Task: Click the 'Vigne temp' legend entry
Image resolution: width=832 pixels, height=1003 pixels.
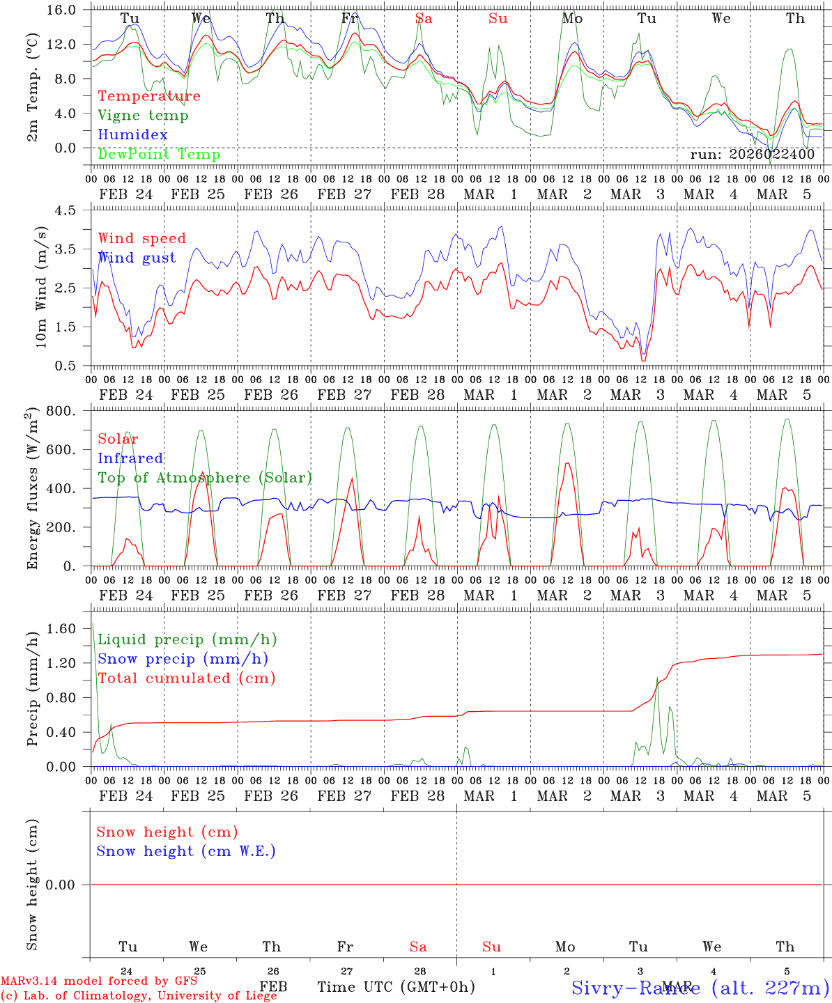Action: tap(143, 116)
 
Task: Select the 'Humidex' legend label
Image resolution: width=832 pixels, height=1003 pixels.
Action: tap(132, 135)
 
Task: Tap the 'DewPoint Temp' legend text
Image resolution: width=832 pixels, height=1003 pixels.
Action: tap(159, 155)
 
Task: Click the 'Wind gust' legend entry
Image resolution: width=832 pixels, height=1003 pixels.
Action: tap(137, 258)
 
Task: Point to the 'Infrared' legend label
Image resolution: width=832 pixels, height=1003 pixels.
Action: tap(130, 458)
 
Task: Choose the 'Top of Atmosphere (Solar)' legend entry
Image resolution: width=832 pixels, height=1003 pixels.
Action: tap(205, 478)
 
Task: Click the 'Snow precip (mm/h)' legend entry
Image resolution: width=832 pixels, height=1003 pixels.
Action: tap(183, 659)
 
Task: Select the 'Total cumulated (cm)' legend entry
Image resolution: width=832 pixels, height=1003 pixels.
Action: tap(187, 678)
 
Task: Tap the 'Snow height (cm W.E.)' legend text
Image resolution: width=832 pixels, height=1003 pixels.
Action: tap(186, 851)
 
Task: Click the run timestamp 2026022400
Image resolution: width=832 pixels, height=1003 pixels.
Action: tap(753, 155)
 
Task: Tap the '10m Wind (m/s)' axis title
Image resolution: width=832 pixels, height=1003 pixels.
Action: tap(41, 287)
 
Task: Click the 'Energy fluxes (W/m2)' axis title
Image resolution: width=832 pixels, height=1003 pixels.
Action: tap(33, 489)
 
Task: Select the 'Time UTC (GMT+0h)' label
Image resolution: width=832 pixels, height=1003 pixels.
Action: tap(396, 987)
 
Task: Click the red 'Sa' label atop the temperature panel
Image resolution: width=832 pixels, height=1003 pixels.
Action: tap(424, 19)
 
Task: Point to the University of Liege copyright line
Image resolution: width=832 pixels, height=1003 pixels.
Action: tap(139, 996)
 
